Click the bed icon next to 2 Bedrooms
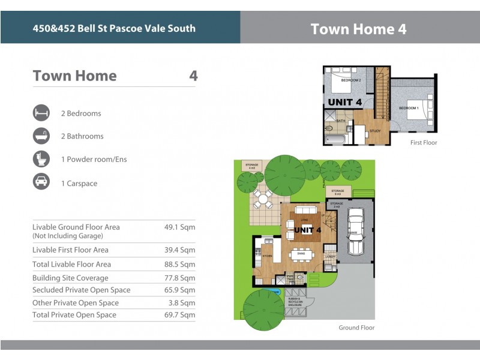point(41,113)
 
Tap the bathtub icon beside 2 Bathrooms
point(41,136)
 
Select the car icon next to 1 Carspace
point(41,183)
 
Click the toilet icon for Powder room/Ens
point(41,160)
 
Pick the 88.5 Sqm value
point(179,264)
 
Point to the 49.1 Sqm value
point(179,227)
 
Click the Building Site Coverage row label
point(70,278)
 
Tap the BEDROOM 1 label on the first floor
point(409,108)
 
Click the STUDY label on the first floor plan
point(375,131)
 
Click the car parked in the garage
point(355,232)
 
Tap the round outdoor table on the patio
point(262,197)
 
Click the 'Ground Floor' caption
point(356,328)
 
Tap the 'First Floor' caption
point(424,143)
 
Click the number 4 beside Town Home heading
point(193,76)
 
